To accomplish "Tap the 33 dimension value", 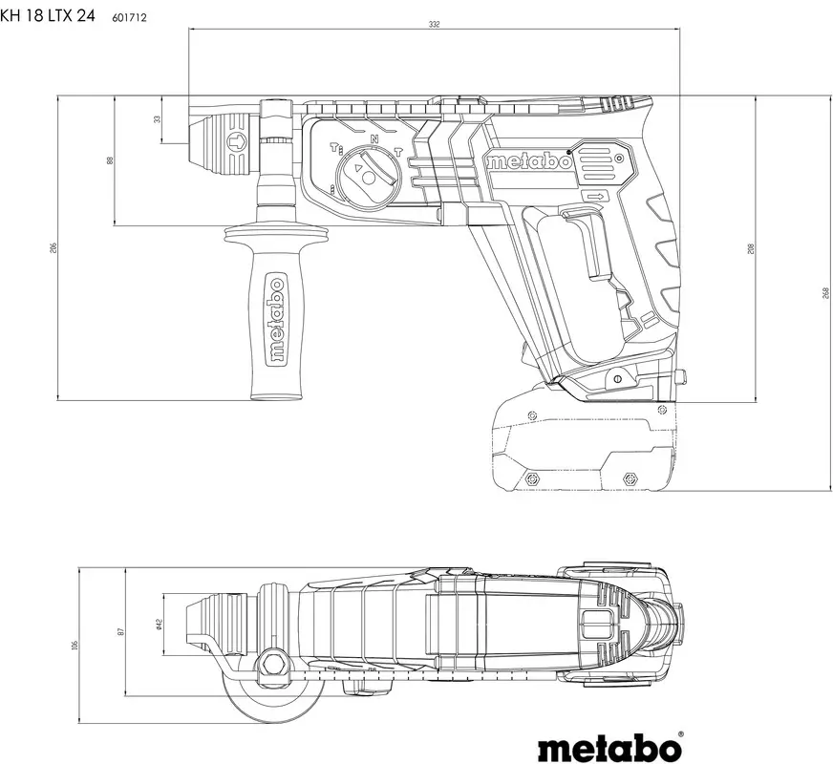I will (158, 119).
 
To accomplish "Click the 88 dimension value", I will (110, 160).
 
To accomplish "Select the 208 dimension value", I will (752, 249).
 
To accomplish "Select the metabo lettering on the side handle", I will (275, 321).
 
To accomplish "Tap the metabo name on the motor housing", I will (528, 161).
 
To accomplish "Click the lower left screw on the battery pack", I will (532, 477).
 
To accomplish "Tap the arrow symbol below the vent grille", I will (595, 196).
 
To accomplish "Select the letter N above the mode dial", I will (374, 139).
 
